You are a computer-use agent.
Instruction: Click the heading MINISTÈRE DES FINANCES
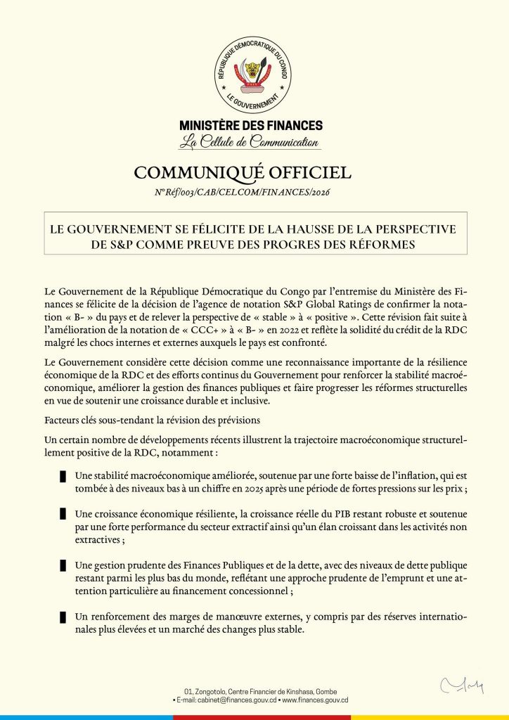(251, 126)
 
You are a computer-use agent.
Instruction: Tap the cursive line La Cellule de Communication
(249, 143)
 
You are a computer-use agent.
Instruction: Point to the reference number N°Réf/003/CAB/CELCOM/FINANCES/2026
(243, 192)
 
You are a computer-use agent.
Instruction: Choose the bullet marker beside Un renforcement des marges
(63, 616)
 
